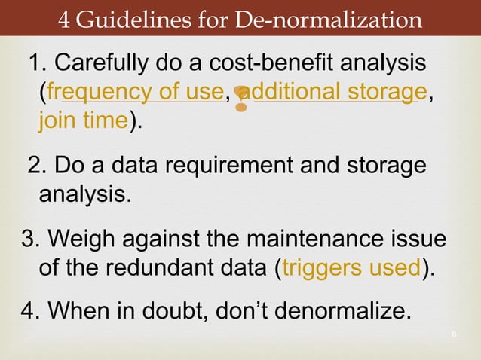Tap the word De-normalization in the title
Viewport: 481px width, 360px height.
[330, 19]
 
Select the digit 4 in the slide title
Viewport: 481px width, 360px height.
[64, 19]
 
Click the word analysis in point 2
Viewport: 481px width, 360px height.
[83, 195]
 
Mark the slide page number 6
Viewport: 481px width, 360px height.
[456, 334]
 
